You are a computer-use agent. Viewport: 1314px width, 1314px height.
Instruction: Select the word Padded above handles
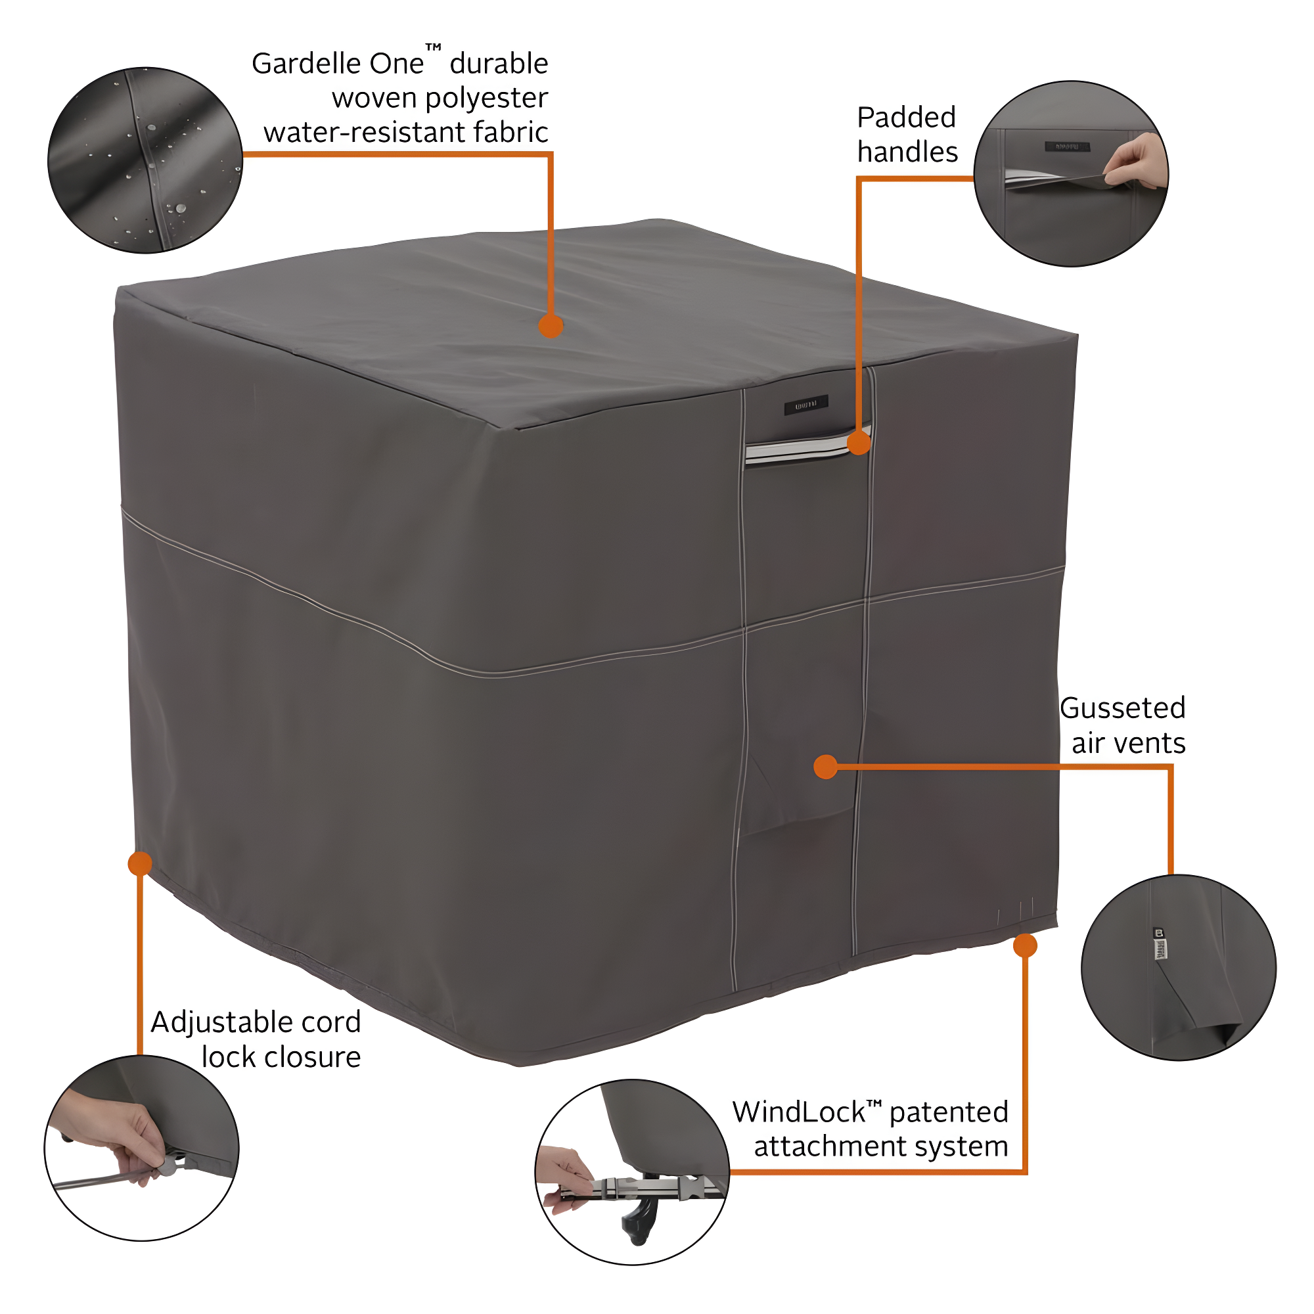(906, 118)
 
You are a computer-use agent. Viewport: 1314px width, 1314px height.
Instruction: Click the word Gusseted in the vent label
(1122, 708)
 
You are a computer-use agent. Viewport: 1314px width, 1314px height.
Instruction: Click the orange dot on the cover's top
(550, 326)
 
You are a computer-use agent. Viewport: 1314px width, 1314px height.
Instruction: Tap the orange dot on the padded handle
(859, 443)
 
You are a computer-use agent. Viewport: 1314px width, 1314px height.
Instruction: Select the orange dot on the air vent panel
(825, 767)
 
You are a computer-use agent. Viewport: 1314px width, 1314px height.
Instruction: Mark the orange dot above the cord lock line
(140, 864)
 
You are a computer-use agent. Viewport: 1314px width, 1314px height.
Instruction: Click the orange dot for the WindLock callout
(1025, 945)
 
